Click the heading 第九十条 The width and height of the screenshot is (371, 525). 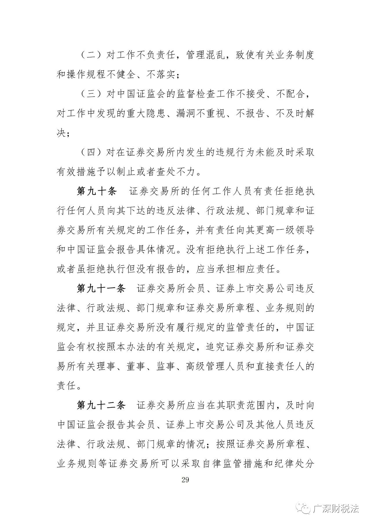tap(97, 192)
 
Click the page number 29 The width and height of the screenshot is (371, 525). tap(185, 480)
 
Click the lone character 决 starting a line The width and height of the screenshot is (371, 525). tap(62, 133)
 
